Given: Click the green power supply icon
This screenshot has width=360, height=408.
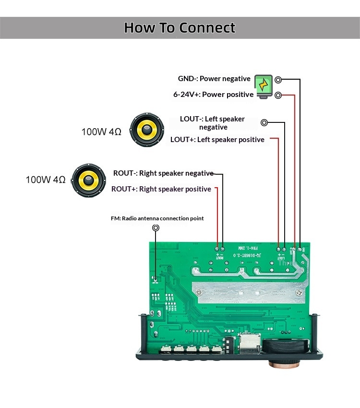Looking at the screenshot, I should click(263, 86).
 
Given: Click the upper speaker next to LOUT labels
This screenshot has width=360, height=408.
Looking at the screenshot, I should click(148, 130).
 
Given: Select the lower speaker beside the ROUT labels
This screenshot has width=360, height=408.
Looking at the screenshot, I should click(89, 180).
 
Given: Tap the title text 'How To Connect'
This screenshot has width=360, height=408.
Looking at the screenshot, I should click(180, 27).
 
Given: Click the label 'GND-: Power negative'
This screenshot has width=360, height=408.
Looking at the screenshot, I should click(214, 79).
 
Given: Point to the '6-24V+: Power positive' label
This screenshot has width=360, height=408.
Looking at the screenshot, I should click(213, 95).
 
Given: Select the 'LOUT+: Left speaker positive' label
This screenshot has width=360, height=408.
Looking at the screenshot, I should click(217, 140).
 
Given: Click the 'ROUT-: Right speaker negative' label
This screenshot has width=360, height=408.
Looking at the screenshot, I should click(163, 173).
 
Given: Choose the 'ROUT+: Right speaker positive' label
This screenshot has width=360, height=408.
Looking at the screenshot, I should click(161, 189).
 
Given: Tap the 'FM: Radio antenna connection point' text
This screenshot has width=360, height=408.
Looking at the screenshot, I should click(157, 218).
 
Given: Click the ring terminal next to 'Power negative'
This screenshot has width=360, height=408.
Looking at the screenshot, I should click(278, 79).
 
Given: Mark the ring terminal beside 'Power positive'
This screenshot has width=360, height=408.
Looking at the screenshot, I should click(278, 95).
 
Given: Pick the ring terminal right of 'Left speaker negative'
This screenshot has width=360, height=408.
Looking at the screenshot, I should click(264, 123).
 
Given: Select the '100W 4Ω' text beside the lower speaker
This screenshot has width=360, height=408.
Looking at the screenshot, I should click(46, 180).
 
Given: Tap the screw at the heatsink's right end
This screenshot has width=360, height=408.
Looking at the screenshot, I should click(298, 292).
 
